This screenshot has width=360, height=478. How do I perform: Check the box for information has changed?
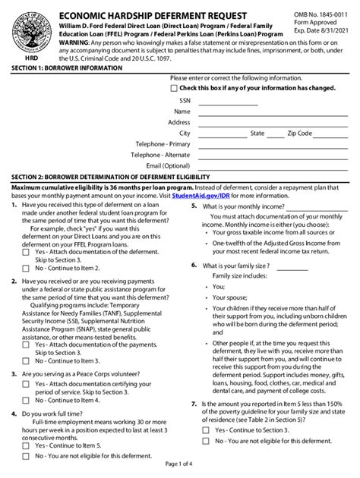point(175,88)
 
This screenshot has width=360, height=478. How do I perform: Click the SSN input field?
point(258,100)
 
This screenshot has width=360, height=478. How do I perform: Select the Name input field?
point(258,111)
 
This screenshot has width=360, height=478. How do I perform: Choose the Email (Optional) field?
point(258,165)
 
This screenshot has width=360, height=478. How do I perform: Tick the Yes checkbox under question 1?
point(27,253)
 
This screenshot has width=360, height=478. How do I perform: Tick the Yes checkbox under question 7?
point(206,429)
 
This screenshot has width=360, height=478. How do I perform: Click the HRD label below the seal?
point(22,56)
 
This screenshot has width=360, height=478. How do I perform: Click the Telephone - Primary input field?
point(258,143)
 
